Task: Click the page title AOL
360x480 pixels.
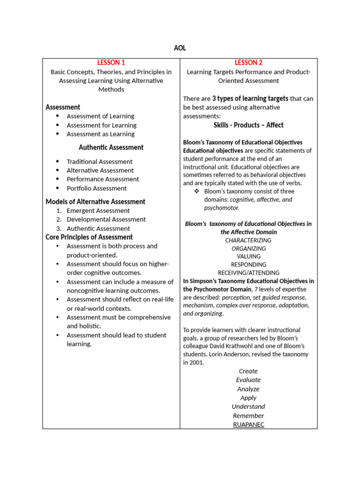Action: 180,48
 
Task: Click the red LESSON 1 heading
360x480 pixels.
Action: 111,62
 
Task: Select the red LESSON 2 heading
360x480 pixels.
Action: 248,62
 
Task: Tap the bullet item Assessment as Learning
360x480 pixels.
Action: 100,134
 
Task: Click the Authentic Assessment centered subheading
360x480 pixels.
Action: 111,147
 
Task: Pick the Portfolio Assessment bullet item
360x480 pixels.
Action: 97,188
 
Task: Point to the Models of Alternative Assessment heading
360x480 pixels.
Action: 95,202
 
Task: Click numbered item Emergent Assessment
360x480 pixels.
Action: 98,211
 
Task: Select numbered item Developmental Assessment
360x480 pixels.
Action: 106,219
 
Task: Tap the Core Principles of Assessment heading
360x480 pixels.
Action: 89,237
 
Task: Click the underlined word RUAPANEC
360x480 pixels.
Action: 248,424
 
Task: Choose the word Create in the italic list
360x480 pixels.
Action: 248,371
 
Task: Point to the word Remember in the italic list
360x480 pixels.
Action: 248,415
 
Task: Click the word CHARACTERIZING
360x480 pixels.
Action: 248,240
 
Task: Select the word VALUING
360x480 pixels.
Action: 248,256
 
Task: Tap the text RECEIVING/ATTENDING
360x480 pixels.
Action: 248,273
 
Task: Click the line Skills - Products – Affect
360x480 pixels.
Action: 248,125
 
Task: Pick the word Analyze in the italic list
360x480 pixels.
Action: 248,389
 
